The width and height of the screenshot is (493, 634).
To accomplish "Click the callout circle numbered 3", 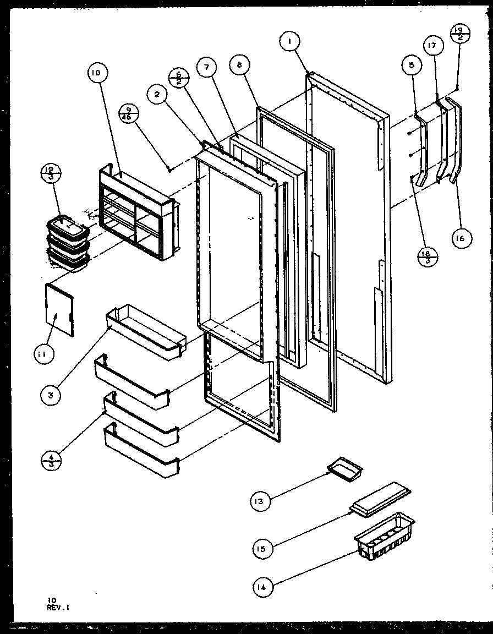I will [x=50, y=395].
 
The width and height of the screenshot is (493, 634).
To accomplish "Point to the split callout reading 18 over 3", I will [x=428, y=255].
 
